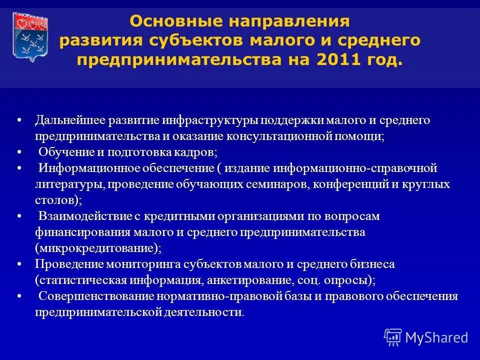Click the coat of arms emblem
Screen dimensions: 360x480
(29, 36)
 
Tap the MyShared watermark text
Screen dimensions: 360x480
(436, 337)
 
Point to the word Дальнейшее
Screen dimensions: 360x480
(69, 120)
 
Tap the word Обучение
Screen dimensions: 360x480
(64, 152)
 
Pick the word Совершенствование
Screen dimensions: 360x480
(96, 295)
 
